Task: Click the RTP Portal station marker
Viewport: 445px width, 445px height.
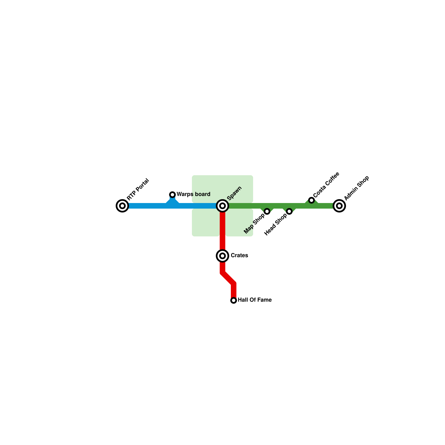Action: point(122,206)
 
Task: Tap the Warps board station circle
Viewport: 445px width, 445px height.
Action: point(172,195)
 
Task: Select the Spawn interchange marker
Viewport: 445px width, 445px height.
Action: point(222,206)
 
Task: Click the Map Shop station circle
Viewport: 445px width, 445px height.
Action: point(267,211)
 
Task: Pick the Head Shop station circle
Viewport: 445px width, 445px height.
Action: point(289,211)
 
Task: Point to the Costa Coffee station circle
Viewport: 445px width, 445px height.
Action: point(311,200)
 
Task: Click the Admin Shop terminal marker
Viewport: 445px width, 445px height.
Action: point(339,206)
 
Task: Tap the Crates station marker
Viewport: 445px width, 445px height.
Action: point(222,256)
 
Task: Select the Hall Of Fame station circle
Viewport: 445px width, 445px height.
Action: point(234,300)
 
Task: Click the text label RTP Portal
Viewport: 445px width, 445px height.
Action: point(138,189)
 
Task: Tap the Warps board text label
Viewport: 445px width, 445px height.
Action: point(193,194)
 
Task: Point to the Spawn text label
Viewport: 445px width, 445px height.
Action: point(234,193)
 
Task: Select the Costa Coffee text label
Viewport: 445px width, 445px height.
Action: point(326,185)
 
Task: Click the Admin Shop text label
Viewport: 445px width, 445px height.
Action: point(357,188)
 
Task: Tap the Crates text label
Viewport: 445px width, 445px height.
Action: point(239,256)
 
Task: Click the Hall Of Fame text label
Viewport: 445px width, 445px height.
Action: point(254,300)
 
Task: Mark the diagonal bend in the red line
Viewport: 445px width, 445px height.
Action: point(228,278)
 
